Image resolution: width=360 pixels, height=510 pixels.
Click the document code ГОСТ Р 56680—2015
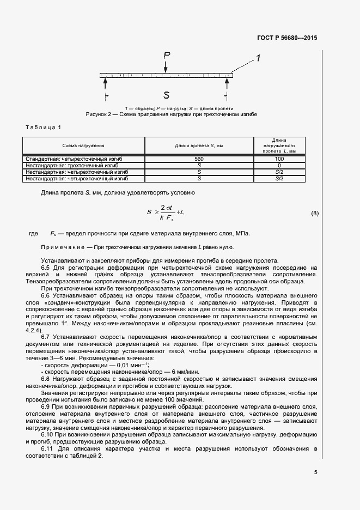point(286,38)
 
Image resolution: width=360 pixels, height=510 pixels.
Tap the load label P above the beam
point(167,55)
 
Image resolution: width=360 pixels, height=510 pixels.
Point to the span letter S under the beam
point(166,95)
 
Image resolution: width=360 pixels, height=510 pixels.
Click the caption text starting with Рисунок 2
point(171,115)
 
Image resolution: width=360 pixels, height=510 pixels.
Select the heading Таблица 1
point(44,127)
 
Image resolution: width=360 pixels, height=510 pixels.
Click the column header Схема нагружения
point(83,146)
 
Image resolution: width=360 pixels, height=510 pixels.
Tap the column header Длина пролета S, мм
point(199,146)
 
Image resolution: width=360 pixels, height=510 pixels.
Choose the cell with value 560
point(199,159)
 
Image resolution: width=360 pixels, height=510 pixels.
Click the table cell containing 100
point(279,159)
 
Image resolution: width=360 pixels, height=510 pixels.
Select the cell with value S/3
point(279,178)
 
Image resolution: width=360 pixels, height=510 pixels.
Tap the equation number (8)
point(314,213)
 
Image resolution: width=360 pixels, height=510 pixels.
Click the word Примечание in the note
point(62,247)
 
